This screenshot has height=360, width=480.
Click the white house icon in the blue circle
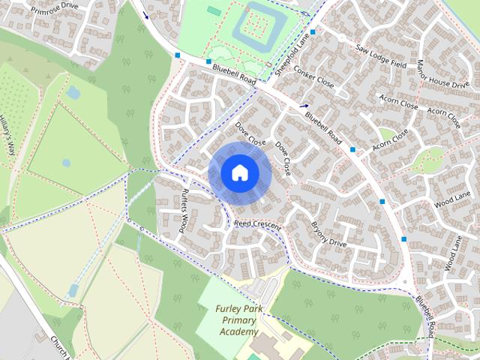[238, 173]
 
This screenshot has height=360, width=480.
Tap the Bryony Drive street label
[328, 233]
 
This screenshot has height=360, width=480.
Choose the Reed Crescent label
[257, 225]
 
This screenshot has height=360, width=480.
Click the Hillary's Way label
[7, 135]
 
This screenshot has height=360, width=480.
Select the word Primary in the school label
[239, 320]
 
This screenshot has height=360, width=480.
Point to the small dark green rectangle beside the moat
[214, 11]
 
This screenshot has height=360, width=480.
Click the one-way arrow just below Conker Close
[304, 106]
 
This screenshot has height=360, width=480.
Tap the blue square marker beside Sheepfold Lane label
[313, 32]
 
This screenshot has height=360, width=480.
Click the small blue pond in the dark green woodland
[73, 92]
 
